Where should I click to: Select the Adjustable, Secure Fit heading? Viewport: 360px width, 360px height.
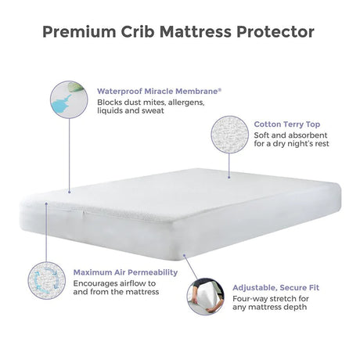pos(275,287)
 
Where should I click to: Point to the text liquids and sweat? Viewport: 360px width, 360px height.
pos(131,113)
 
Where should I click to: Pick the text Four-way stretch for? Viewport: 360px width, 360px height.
pos(269,299)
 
